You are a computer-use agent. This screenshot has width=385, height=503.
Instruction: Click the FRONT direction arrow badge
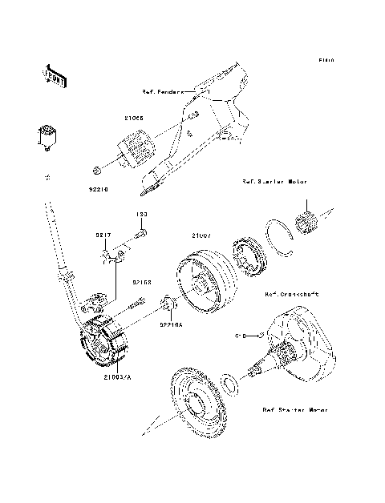click(x=52, y=74)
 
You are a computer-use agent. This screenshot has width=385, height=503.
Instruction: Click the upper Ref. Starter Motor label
click(x=275, y=183)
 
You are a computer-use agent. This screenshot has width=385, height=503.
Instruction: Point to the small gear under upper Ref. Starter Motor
click(x=309, y=220)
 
